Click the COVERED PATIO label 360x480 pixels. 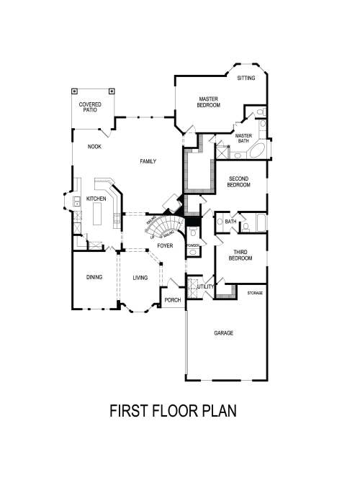(x=90, y=107)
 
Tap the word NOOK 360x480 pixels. (x=94, y=146)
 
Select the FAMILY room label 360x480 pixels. (x=148, y=161)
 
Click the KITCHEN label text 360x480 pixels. (x=96, y=199)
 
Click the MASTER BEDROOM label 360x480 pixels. (x=208, y=101)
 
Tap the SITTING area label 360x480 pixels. (x=246, y=78)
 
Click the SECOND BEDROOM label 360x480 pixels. (x=239, y=181)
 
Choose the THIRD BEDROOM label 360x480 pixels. (x=241, y=255)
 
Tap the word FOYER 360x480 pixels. (x=165, y=246)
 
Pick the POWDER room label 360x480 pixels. (x=192, y=246)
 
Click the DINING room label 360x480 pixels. (x=94, y=277)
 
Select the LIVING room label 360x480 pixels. (x=140, y=277)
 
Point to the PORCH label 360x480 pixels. (x=173, y=299)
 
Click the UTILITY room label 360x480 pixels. (x=206, y=287)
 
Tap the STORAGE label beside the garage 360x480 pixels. (x=255, y=294)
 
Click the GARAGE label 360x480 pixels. (x=224, y=333)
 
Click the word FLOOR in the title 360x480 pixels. (x=179, y=411)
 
